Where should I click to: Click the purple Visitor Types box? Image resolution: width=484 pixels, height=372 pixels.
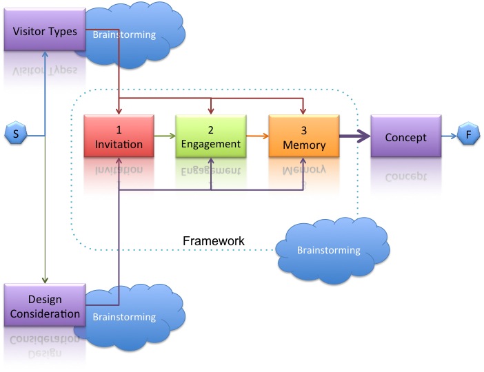(x=44, y=32)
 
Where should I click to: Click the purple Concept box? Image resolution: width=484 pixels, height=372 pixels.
(x=405, y=136)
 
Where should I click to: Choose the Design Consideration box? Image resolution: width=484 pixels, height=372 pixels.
(x=44, y=307)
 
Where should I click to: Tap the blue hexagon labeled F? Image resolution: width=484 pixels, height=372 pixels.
(x=468, y=136)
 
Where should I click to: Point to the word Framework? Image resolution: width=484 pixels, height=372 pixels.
(x=214, y=241)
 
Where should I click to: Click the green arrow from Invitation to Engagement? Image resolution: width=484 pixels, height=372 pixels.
(x=163, y=136)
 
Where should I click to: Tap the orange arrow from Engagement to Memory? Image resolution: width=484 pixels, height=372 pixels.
(x=256, y=136)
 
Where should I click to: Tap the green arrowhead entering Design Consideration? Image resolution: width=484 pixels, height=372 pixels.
(x=44, y=280)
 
